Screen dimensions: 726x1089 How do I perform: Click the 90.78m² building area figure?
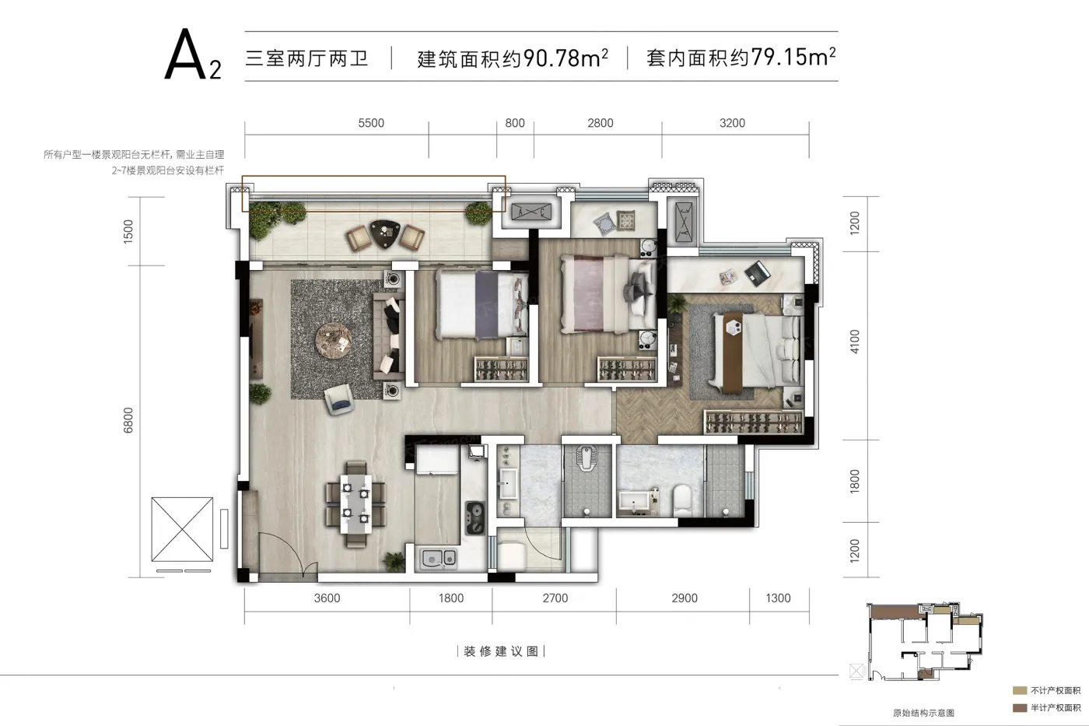click(566, 58)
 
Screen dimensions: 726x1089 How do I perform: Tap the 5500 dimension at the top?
click(371, 123)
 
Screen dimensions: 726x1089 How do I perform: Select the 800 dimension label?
click(515, 123)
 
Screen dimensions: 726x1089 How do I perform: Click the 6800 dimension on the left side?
click(129, 421)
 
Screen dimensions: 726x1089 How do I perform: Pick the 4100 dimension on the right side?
click(855, 342)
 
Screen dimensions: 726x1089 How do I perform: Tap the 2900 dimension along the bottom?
click(685, 598)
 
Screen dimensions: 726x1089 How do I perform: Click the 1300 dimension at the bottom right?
click(778, 598)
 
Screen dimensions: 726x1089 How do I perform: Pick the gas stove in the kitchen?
click(474, 517)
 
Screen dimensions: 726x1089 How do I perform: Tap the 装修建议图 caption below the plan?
click(501, 651)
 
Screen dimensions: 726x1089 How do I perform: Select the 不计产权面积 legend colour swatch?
click(1020, 690)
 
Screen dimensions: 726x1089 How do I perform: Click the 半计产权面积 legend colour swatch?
click(1020, 707)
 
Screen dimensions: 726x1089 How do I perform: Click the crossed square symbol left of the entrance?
click(182, 528)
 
